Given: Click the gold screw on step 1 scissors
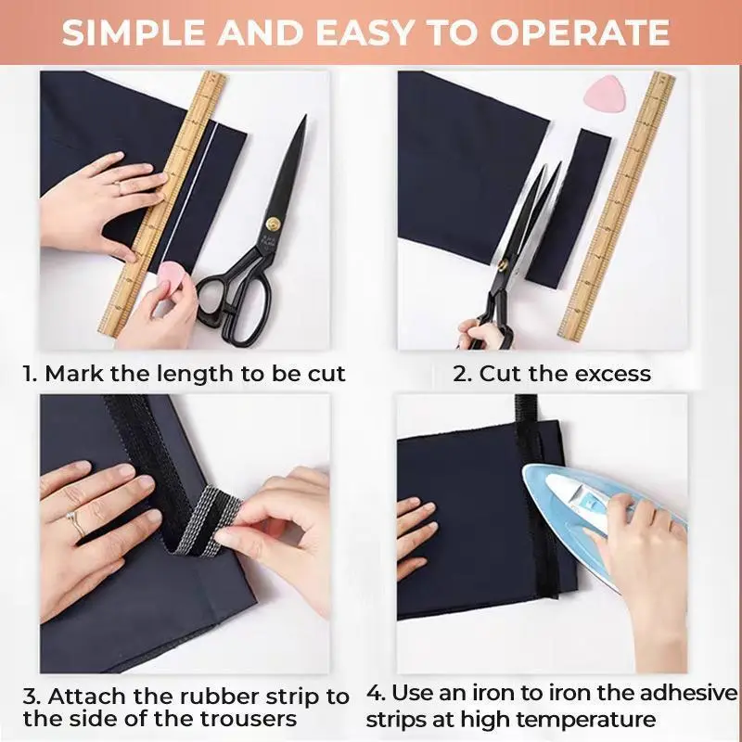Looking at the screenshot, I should pyautogui.click(x=274, y=222).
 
